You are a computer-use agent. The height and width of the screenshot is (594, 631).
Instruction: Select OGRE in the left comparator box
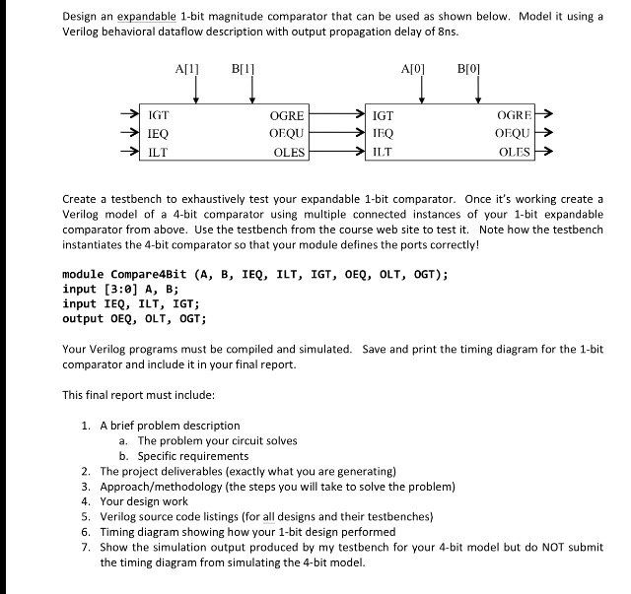coord(287,115)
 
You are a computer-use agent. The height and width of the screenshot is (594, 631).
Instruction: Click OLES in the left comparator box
coord(288,153)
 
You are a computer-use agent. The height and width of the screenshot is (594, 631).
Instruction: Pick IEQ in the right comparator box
coord(383,133)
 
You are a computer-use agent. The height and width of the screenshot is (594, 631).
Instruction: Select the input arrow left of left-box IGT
coord(126,115)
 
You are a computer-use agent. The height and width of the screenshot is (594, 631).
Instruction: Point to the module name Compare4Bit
coord(151,275)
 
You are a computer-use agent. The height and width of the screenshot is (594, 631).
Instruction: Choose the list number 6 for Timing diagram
coord(87,530)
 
